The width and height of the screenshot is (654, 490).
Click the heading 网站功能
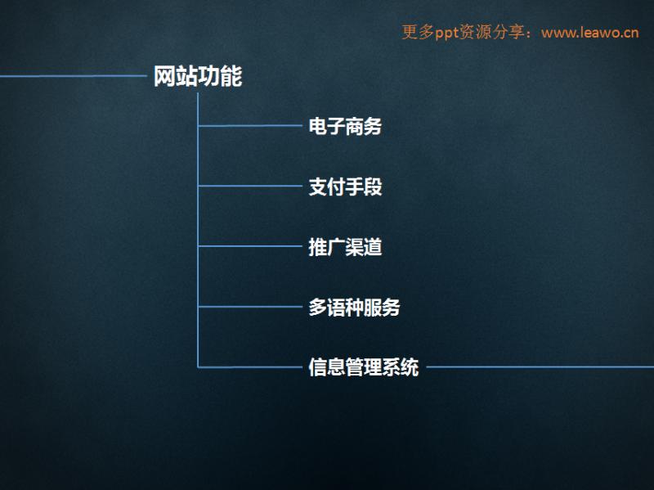[x=198, y=76]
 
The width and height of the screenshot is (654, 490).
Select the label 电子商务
[x=345, y=126]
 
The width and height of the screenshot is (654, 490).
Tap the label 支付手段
[x=345, y=187]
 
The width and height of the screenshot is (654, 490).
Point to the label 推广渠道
[x=345, y=247]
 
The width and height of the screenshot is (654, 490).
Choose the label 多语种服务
[x=354, y=308]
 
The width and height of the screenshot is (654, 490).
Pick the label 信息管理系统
[x=363, y=367]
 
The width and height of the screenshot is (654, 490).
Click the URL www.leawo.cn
[x=589, y=33]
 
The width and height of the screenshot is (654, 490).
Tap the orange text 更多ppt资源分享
[x=463, y=32]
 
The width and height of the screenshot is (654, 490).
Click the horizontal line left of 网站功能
[x=74, y=76]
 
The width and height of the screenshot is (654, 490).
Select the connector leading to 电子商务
[x=250, y=125]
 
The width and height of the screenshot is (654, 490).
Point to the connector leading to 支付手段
[x=250, y=186]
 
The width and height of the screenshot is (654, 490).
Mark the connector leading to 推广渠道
[x=250, y=246]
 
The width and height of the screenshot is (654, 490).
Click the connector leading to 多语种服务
[x=250, y=307]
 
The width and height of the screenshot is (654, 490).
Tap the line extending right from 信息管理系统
[x=540, y=367]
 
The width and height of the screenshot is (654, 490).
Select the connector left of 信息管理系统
[x=250, y=367]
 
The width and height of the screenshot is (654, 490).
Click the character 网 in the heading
[x=164, y=76]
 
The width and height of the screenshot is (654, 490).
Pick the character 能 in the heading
[x=231, y=76]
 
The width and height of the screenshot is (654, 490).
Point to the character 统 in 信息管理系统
[x=410, y=367]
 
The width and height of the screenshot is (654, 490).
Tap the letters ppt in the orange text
[x=446, y=33]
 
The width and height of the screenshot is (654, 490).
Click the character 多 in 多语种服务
[x=318, y=308]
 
